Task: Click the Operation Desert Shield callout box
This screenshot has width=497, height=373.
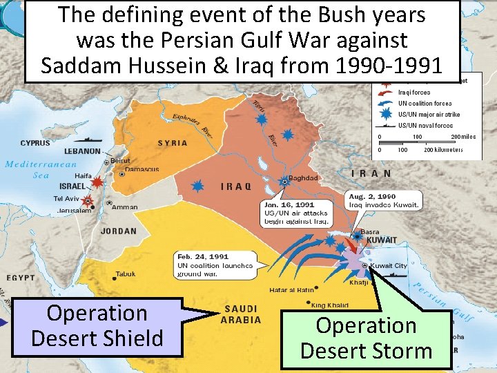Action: point(97,327)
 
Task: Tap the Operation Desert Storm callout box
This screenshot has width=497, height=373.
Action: point(366,338)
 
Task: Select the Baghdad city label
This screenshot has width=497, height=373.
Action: point(303,178)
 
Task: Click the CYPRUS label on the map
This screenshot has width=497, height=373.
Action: point(35,143)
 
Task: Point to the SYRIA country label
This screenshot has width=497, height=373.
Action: point(173,143)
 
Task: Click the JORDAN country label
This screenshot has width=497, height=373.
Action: point(119,231)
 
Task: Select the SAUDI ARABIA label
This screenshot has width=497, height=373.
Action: point(241,314)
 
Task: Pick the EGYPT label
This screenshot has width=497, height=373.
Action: point(21,278)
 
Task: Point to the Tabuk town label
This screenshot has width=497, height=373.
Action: point(126,274)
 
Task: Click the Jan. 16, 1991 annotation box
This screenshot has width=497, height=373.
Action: point(295,213)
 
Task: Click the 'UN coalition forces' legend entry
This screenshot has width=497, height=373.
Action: point(425,103)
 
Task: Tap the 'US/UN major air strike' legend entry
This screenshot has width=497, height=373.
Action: point(427,114)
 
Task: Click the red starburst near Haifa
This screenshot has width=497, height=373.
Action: point(98,182)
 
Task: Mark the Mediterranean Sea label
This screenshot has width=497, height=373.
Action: point(41,169)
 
